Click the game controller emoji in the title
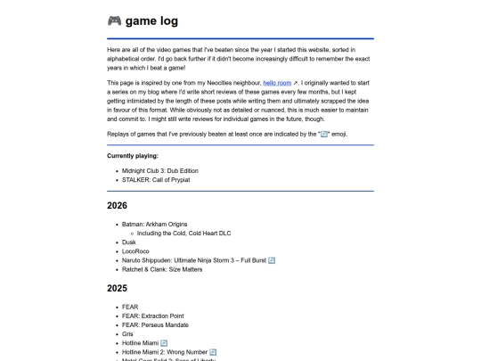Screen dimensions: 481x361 pos(114,21)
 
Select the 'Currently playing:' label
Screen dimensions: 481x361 pos(133,155)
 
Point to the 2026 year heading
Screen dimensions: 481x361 pos(117,205)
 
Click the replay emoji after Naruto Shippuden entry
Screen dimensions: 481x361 pos(272,260)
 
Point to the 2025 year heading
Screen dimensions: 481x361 pos(117,289)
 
